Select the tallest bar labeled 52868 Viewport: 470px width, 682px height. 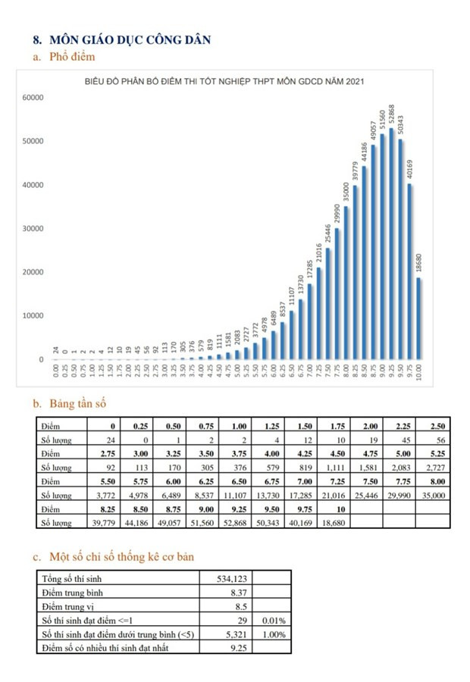(x=392, y=242)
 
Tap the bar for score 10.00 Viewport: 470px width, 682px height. (x=419, y=318)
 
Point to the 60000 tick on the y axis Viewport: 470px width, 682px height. (x=34, y=98)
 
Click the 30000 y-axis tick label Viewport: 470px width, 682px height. (x=34, y=229)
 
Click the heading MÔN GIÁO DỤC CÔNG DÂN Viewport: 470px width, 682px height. (x=130, y=39)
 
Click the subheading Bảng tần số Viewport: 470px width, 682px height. (x=80, y=403)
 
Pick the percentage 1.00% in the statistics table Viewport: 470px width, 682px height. (x=274, y=633)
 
